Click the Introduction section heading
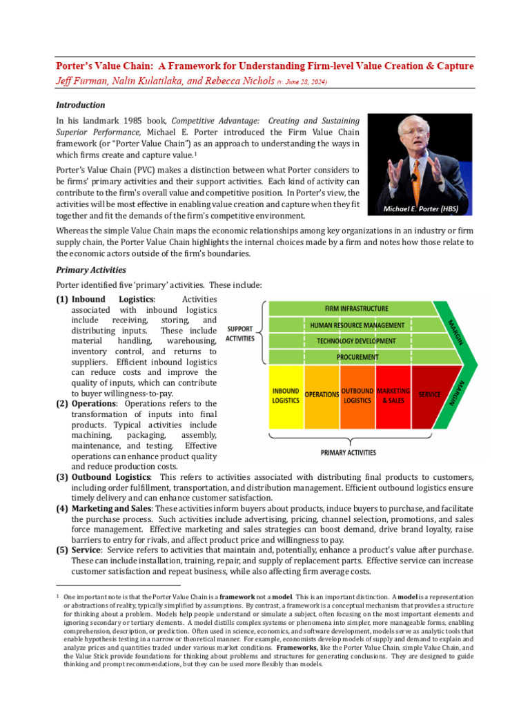80,105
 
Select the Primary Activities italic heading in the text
90,270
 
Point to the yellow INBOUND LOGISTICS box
286,396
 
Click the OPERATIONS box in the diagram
322,395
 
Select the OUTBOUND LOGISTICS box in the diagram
357,396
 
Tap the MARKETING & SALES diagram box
393,396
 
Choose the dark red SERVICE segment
429,395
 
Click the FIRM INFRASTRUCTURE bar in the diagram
356,309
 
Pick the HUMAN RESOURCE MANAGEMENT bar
356,325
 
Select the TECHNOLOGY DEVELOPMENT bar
356,341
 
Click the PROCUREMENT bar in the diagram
357,357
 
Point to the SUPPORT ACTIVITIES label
240,333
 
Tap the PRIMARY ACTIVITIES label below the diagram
349,453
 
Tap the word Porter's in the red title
78,66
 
